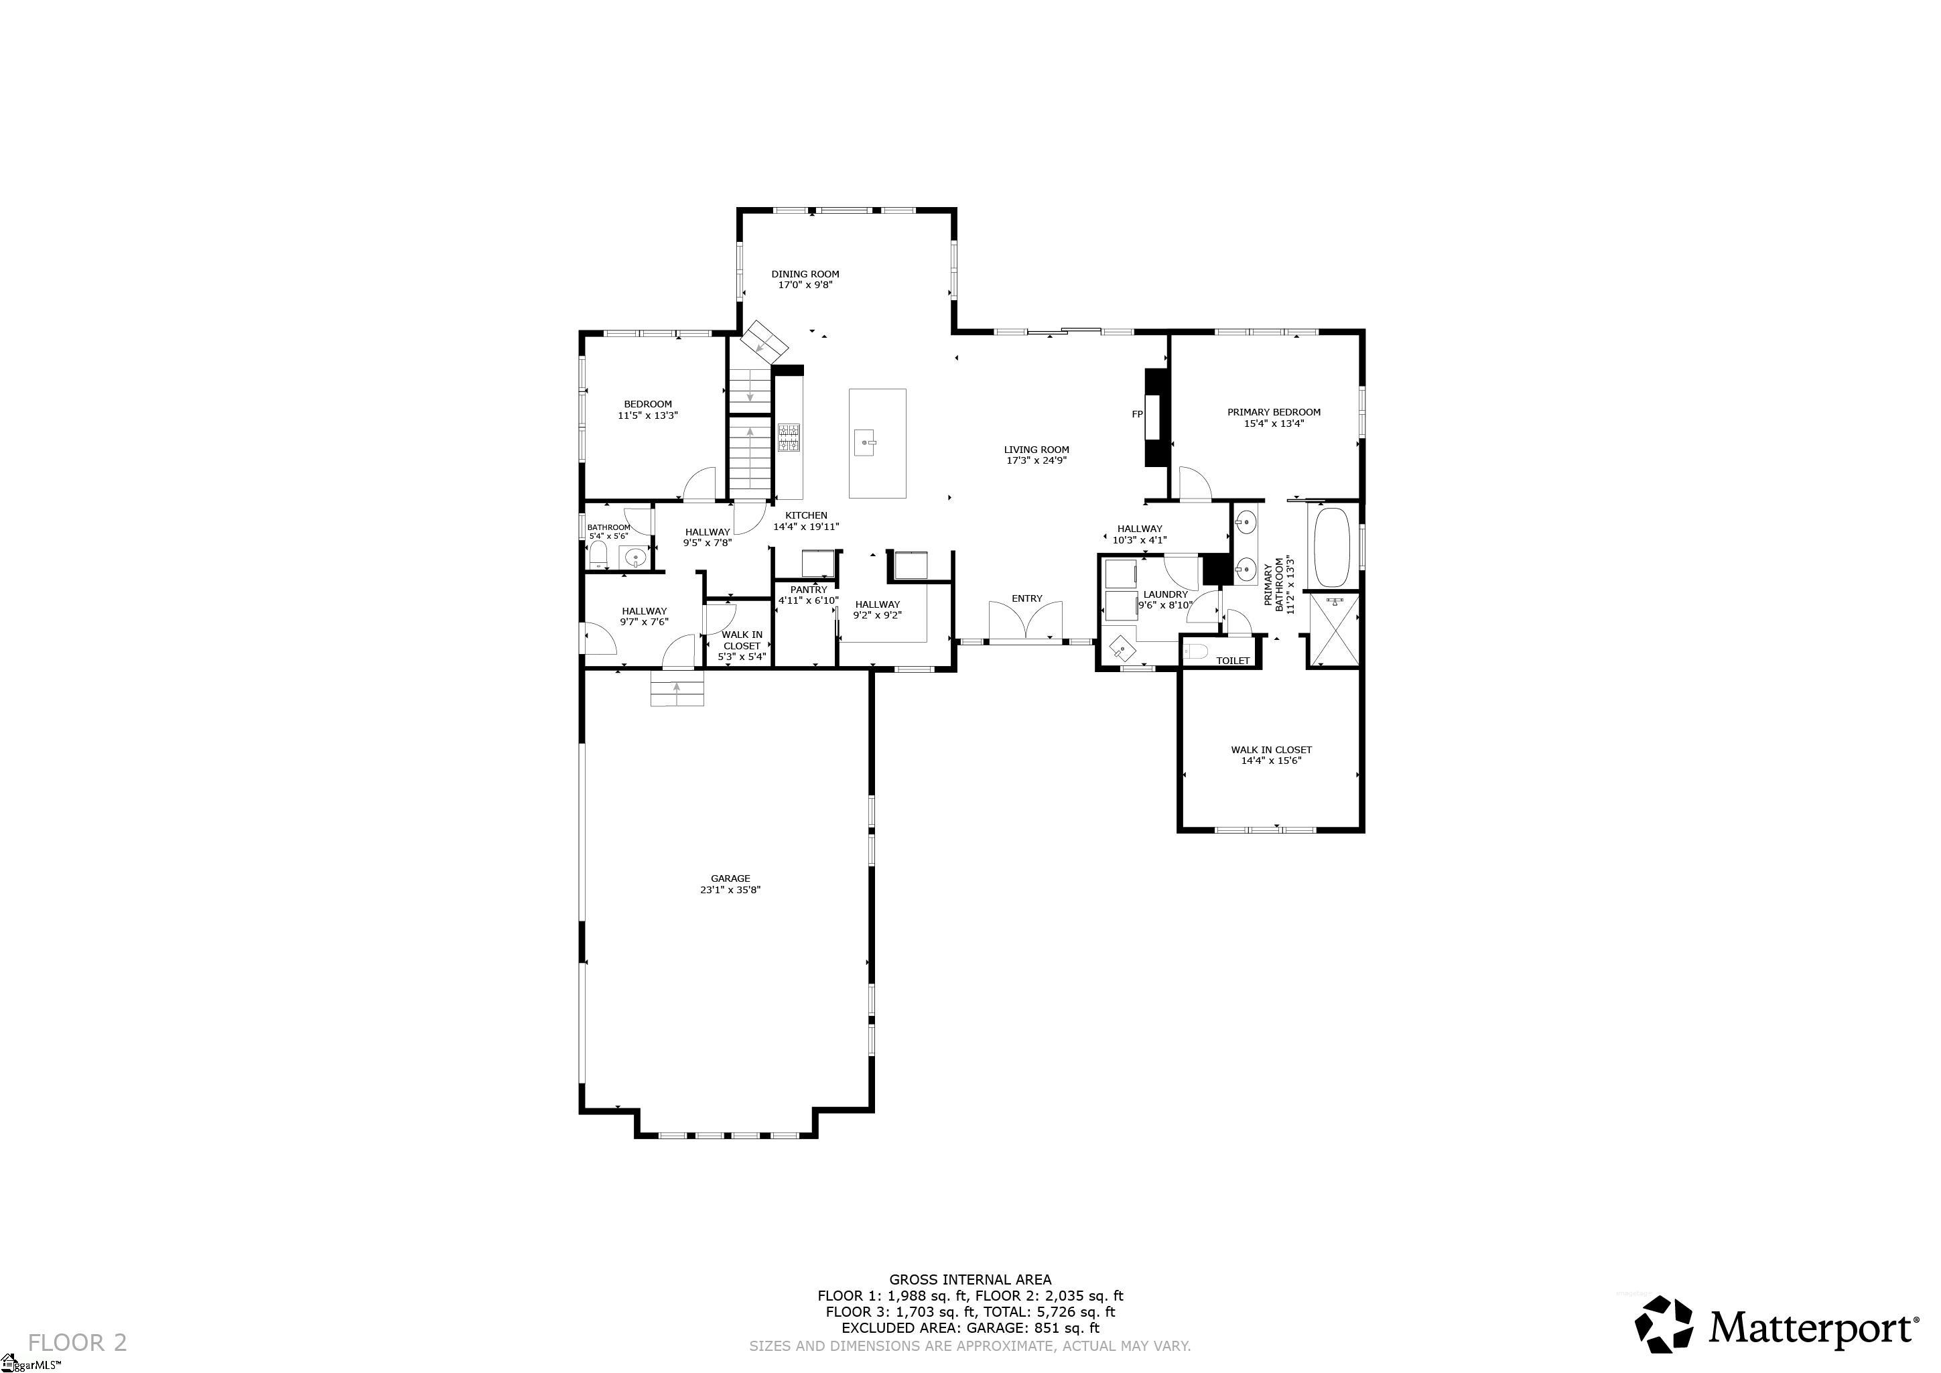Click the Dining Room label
(805, 274)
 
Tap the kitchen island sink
(864, 442)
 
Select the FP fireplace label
(1137, 414)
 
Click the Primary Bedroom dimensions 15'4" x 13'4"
(1273, 423)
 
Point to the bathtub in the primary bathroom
(1333, 546)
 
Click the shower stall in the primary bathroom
(1333, 630)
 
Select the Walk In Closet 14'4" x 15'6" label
(1270, 755)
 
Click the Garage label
(730, 878)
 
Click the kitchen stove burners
(789, 437)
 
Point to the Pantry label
(809, 590)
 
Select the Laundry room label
(1165, 594)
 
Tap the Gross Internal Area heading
(969, 1279)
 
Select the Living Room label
(1036, 450)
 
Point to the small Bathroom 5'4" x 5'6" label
(608, 527)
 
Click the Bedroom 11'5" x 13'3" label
(648, 404)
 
